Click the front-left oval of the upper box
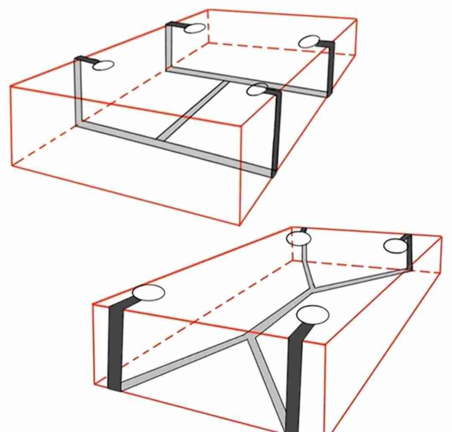coord(103,66)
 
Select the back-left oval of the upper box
coord(195,28)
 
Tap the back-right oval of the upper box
coord(309,42)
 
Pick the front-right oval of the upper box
coord(257,89)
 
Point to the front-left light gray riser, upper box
coord(78,92)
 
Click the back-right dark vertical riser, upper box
coord(330,69)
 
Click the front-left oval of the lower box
coord(148,293)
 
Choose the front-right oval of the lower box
coord(313,315)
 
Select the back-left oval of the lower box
coord(299,239)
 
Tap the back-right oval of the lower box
coord(395,246)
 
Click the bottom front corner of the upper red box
coord(240,225)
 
